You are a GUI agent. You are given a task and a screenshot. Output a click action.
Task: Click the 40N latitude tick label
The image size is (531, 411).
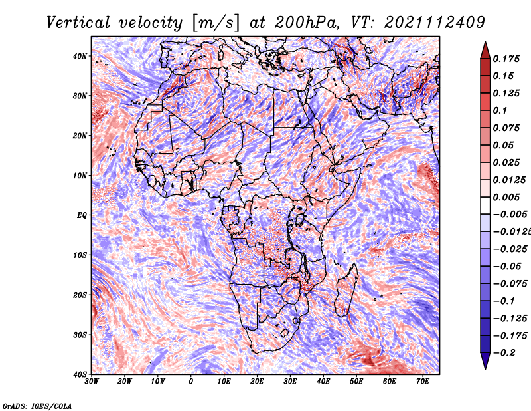80,56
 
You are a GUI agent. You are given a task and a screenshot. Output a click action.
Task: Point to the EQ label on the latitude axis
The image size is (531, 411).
82,215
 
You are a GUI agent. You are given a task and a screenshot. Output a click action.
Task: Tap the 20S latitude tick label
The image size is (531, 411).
80,295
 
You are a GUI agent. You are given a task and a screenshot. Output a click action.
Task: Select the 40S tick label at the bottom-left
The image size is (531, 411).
80,374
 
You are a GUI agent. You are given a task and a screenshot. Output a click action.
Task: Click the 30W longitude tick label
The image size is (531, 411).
92,382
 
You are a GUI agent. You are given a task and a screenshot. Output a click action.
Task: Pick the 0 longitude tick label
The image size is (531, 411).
191,382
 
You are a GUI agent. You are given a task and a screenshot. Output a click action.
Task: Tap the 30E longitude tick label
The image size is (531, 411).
290,382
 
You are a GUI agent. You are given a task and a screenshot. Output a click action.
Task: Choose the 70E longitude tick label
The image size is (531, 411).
423,382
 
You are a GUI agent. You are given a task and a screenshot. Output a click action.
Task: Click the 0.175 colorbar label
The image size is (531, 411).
506,59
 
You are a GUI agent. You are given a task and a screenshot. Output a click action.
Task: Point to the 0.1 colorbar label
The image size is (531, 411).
500,110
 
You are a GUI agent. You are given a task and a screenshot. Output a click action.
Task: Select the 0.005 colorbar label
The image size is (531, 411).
506,197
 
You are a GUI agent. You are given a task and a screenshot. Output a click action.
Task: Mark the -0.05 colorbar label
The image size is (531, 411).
507,267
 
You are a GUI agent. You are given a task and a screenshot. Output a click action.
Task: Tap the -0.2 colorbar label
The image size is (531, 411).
504,353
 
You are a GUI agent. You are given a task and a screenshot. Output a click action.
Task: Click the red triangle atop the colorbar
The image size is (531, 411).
485,50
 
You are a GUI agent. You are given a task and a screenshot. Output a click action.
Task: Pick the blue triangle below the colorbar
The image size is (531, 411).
485,361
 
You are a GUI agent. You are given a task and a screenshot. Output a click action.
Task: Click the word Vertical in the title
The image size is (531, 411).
78,23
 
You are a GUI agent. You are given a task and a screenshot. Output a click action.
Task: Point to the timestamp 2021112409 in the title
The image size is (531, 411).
435,23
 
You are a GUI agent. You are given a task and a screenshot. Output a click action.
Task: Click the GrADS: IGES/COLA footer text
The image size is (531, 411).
37,406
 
